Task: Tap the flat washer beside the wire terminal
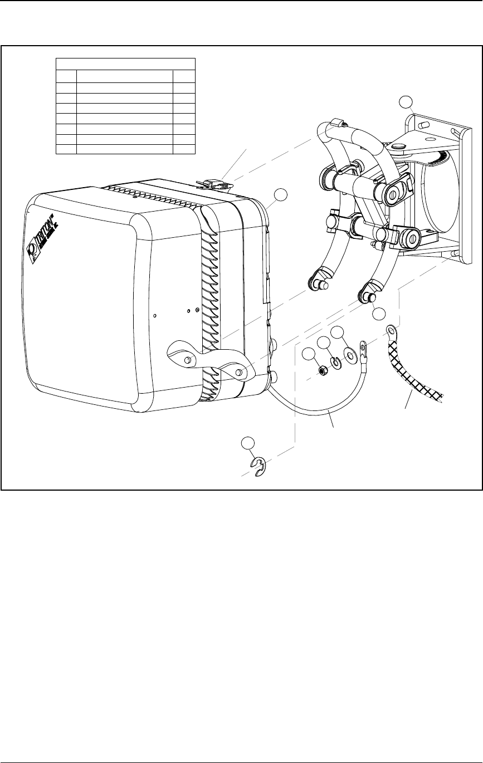tap(350, 354)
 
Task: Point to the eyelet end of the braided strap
tap(390, 333)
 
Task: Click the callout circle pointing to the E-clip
tap(248, 444)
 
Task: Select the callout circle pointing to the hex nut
tap(309, 354)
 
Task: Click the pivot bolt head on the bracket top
tap(397, 147)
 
